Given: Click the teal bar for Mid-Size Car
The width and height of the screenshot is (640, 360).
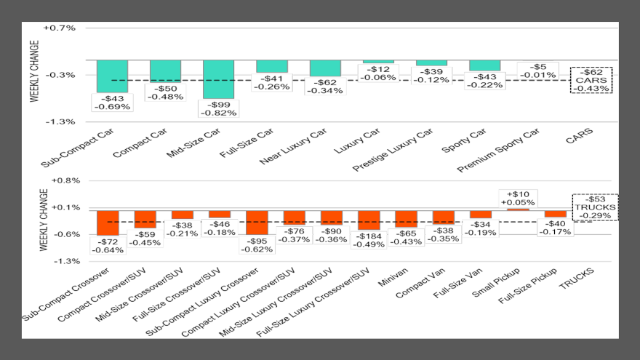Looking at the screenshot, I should [x=218, y=79].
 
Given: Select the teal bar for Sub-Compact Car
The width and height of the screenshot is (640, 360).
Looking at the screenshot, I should [x=112, y=76].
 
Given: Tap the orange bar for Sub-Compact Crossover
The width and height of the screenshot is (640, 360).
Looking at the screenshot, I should [x=108, y=223].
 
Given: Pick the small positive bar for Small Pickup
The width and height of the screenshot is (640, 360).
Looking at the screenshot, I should [x=518, y=209].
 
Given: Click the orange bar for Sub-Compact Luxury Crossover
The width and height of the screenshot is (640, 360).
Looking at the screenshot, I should [x=257, y=222].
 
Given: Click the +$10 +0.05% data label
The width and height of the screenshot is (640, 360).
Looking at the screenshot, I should [x=518, y=197].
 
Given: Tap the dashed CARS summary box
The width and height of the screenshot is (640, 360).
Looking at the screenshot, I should [x=591, y=80].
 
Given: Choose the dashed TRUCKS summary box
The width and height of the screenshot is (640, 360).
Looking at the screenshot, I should [x=595, y=207].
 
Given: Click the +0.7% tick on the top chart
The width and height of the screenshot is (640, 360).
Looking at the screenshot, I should [x=60, y=28].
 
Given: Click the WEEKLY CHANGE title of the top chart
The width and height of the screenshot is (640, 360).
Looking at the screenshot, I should [x=33, y=71].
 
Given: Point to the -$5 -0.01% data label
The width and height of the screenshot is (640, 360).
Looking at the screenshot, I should [x=537, y=71].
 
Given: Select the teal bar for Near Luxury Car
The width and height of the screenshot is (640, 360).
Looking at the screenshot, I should [x=324, y=68].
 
